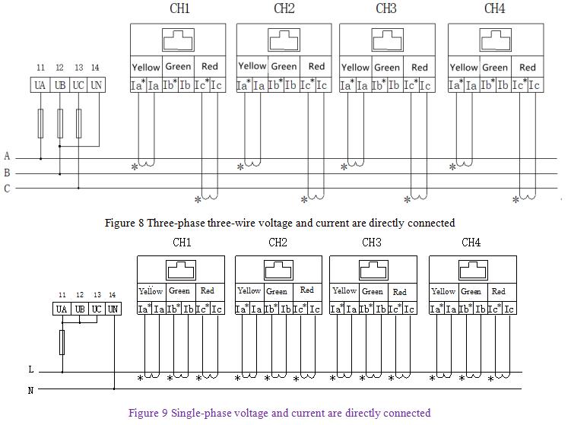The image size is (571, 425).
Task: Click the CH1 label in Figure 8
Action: pyautogui.click(x=179, y=9)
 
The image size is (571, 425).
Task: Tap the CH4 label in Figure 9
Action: pyautogui.click(x=471, y=243)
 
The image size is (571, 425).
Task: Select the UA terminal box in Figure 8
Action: pyautogui.click(x=40, y=85)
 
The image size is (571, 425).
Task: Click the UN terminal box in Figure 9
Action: pyautogui.click(x=113, y=309)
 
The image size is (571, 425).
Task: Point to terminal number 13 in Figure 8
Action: pyautogui.click(x=78, y=68)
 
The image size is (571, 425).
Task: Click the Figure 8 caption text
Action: pyautogui.click(x=280, y=223)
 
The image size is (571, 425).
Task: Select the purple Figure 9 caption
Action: pyautogui.click(x=280, y=413)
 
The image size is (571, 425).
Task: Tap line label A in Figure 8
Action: pyautogui.click(x=7, y=157)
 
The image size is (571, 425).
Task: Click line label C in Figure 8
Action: pyautogui.click(x=7, y=189)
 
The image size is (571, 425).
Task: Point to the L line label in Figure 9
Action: pyautogui.click(x=30, y=369)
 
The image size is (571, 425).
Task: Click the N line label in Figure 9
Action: pyautogui.click(x=30, y=390)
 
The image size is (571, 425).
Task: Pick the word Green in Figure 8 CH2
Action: pyautogui.click(x=284, y=66)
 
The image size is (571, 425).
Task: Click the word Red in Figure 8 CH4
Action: pyautogui.click(x=528, y=67)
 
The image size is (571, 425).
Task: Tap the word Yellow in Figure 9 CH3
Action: pyautogui.click(x=344, y=290)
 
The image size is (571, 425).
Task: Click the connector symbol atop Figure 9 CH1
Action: pyautogui.click(x=181, y=270)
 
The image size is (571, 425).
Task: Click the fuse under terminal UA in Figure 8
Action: pyautogui.click(x=40, y=122)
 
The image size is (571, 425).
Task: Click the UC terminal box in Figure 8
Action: pyautogui.click(x=78, y=85)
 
